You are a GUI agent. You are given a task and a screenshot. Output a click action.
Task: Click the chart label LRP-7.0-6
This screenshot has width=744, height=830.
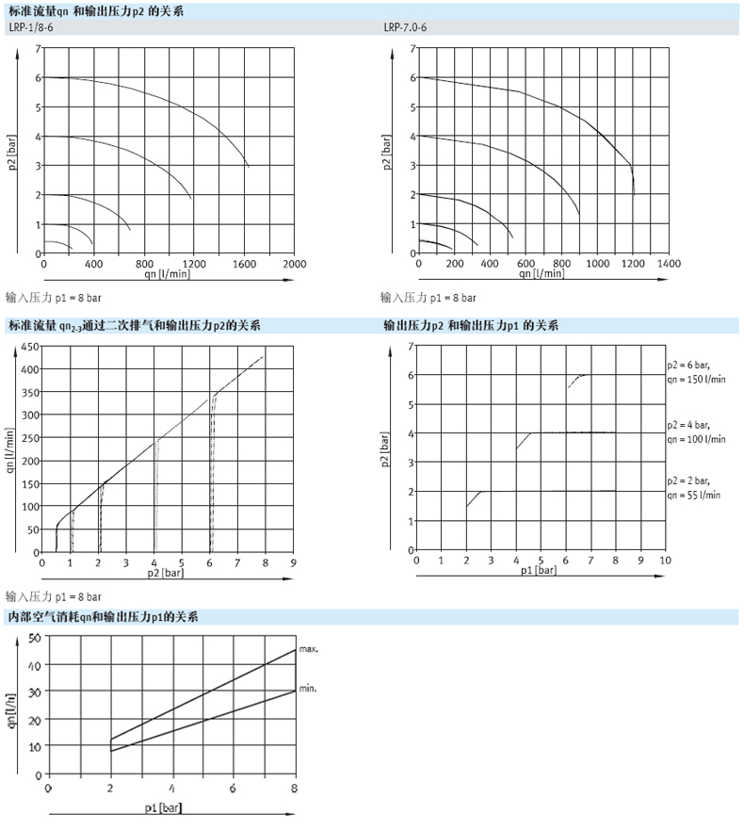point(405,28)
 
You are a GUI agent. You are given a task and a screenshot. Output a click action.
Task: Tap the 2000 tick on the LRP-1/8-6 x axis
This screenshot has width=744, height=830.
point(294,265)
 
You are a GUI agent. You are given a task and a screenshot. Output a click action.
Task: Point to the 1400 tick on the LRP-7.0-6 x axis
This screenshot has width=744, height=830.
point(669,265)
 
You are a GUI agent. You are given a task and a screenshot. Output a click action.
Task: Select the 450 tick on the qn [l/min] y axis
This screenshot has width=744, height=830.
point(29,347)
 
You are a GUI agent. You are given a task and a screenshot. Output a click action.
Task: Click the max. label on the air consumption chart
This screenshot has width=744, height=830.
point(309,649)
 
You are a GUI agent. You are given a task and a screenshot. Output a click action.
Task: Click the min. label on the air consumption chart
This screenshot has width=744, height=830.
point(307,690)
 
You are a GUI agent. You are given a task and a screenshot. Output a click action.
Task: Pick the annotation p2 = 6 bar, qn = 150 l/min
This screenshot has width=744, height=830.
point(696,371)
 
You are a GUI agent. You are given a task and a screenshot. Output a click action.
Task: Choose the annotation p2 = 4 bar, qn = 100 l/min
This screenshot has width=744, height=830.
point(696,431)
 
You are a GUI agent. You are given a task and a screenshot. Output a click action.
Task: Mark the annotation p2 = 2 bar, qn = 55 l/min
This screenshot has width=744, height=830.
point(694,487)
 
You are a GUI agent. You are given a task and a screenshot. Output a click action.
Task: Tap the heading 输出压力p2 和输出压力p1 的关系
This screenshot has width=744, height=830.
point(470,326)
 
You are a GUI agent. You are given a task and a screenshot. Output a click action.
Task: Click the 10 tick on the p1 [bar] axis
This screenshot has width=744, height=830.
point(665,560)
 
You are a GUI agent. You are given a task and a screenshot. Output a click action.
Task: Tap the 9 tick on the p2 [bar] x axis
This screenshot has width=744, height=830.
point(293,563)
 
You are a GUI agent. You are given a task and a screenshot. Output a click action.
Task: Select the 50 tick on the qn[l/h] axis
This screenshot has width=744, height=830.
point(35,638)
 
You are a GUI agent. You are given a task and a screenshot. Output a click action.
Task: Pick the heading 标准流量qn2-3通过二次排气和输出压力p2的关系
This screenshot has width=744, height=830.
point(133,326)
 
